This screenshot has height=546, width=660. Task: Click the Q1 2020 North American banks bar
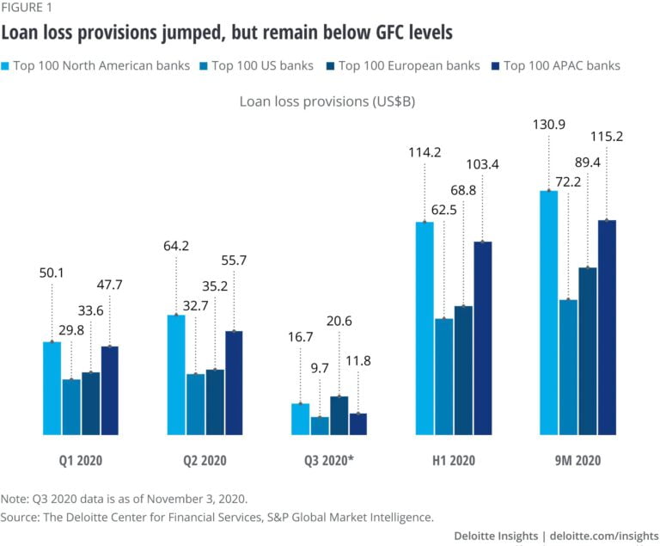pyautogui.click(x=52, y=389)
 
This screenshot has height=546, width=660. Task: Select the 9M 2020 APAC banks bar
pyautogui.click(x=608, y=328)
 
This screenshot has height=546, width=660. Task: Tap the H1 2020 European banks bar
pyautogui.click(x=464, y=371)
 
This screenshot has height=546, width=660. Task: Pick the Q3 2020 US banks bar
pyautogui.click(x=320, y=426)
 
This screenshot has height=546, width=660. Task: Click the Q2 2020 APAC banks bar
pyautogui.click(x=234, y=383)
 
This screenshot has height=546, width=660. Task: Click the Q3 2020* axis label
pyautogui.click(x=329, y=461)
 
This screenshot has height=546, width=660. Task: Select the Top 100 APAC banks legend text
pyautogui.click(x=561, y=65)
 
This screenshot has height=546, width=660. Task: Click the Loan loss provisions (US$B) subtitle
pyautogui.click(x=330, y=101)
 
